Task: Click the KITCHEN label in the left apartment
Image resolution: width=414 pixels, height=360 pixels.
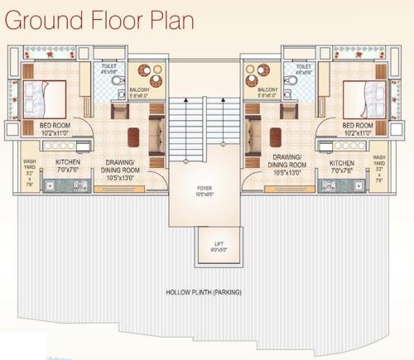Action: (67, 166)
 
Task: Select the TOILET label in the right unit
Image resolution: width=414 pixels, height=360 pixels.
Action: (303, 66)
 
